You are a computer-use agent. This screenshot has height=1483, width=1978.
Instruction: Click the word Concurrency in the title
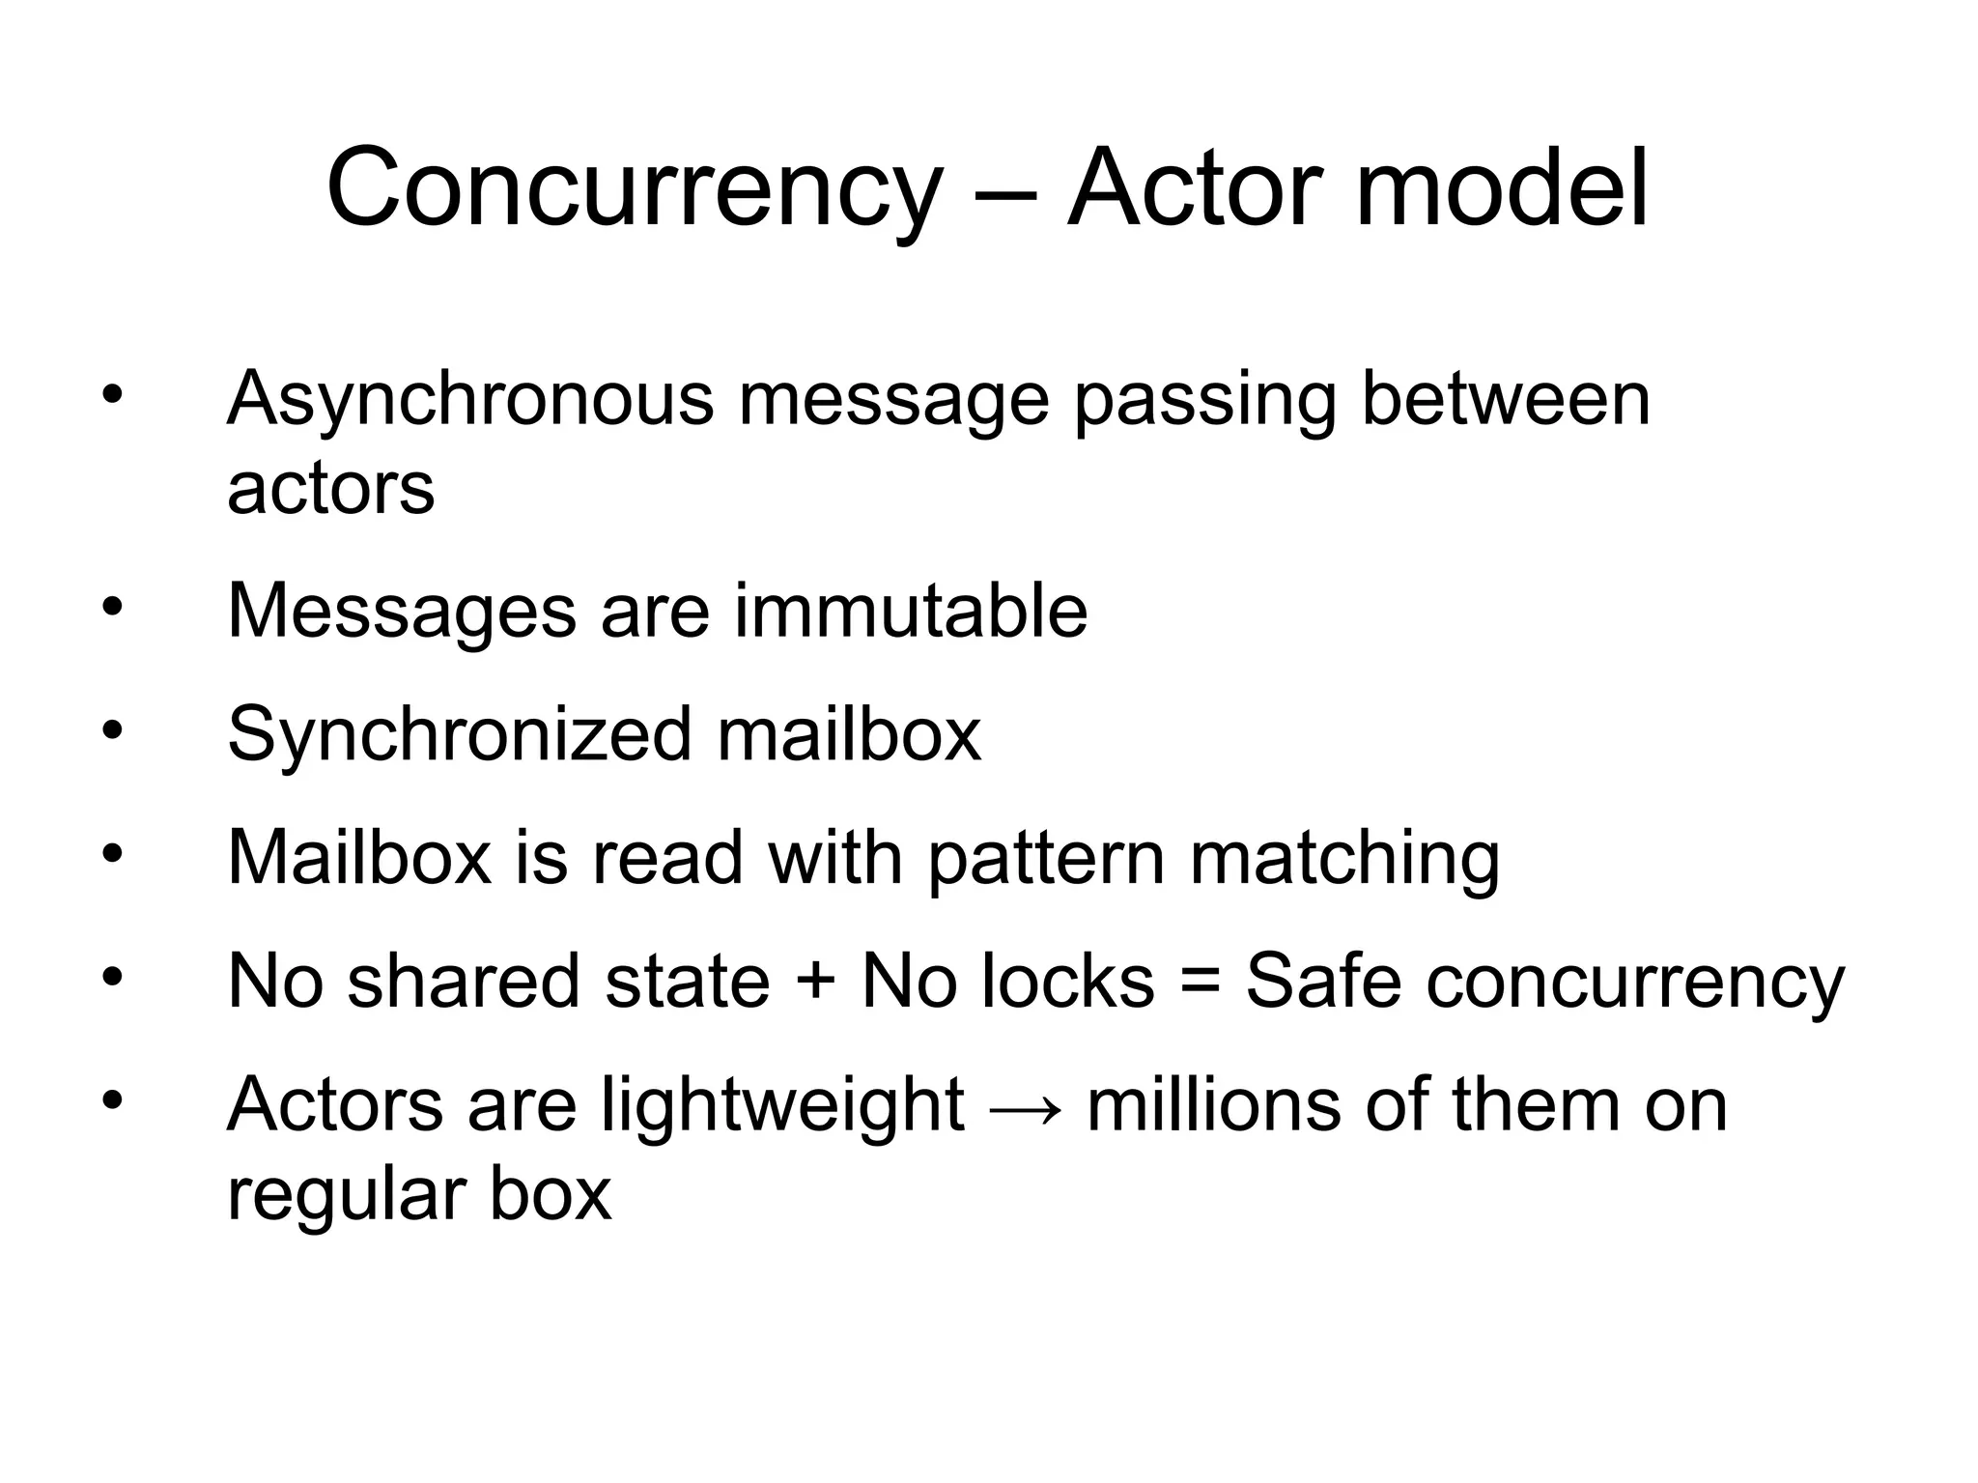(633, 188)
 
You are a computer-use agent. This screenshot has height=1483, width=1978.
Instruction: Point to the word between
(1506, 398)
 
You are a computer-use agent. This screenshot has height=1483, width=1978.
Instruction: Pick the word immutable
(911, 611)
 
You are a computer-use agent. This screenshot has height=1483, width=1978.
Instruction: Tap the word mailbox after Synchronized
(849, 734)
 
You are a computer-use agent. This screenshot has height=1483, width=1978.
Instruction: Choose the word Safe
(1324, 981)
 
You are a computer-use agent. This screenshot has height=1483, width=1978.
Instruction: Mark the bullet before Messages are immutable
(113, 608)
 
